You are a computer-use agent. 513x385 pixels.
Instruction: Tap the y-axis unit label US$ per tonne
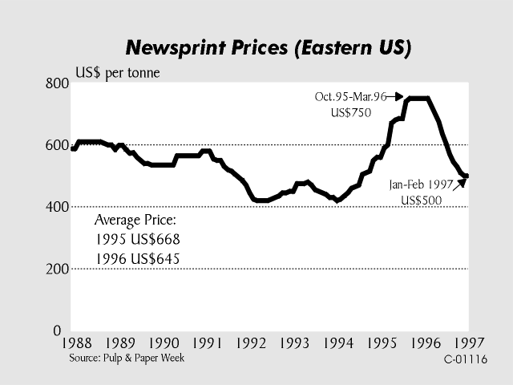click(x=117, y=74)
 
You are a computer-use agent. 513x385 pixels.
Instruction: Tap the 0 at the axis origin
click(x=57, y=330)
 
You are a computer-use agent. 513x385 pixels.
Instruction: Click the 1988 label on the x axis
click(x=77, y=343)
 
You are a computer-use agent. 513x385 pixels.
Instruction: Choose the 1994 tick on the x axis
click(x=338, y=343)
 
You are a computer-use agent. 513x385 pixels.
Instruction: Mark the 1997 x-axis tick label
click(x=467, y=343)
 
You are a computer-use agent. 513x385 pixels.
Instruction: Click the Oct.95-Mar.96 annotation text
click(x=351, y=97)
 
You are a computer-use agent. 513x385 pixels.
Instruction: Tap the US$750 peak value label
click(x=351, y=113)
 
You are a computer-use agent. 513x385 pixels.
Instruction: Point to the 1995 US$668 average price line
click(x=137, y=239)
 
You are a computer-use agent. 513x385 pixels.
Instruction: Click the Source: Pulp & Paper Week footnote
click(x=127, y=358)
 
